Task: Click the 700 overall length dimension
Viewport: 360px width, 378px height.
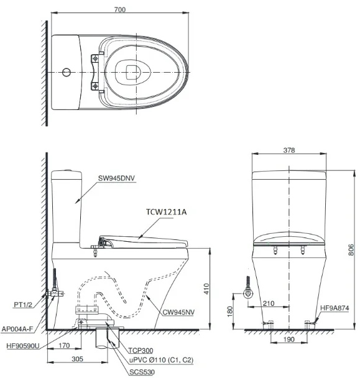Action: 120,9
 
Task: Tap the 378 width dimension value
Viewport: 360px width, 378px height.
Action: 289,150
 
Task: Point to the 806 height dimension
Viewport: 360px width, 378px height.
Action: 351,250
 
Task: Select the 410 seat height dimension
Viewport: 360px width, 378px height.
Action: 206,288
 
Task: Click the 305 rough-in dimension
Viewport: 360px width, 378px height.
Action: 77,359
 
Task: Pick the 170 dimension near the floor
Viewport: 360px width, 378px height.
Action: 64,346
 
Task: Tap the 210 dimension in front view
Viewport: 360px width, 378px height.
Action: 269,303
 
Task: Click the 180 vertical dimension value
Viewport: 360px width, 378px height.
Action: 230,311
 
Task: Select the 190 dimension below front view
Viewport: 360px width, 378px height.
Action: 288,339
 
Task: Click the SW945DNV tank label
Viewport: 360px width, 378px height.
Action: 116,178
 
